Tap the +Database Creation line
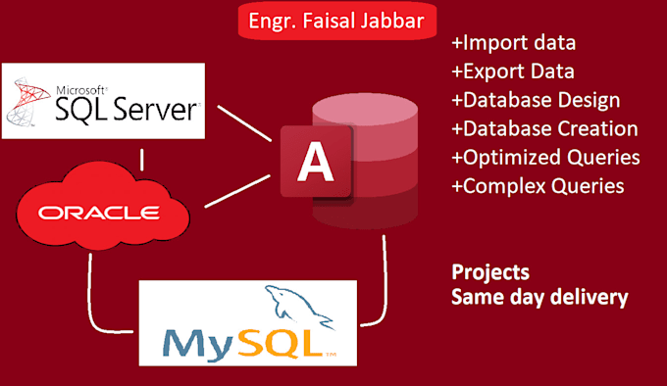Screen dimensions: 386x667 544,129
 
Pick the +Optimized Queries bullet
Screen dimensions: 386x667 545,157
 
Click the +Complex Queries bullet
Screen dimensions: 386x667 538,185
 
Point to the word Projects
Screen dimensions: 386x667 489,272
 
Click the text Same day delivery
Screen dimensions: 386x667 539,296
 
